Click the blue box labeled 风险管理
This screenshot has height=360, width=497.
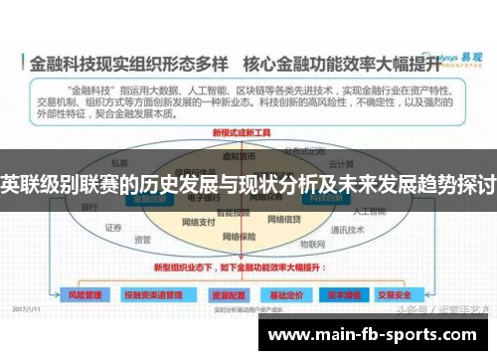tap(84, 295)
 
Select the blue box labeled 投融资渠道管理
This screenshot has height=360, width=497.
tap(152, 295)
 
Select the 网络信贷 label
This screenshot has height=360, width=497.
tap(286, 221)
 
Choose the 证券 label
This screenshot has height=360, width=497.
tap(111, 228)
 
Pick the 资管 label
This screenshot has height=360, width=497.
tap(142, 240)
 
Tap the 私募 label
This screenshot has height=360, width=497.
tap(120, 161)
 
